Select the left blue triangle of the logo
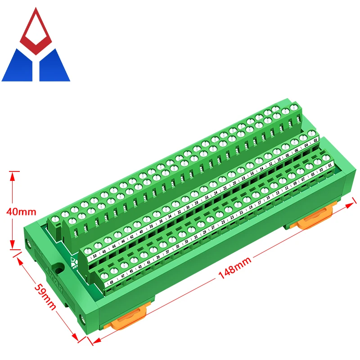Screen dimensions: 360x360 click(x=18, y=66)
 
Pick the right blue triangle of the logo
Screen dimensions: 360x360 click(x=54, y=66)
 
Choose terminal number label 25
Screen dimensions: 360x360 click(x=223, y=222)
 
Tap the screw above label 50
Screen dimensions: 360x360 click(x=87, y=247)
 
